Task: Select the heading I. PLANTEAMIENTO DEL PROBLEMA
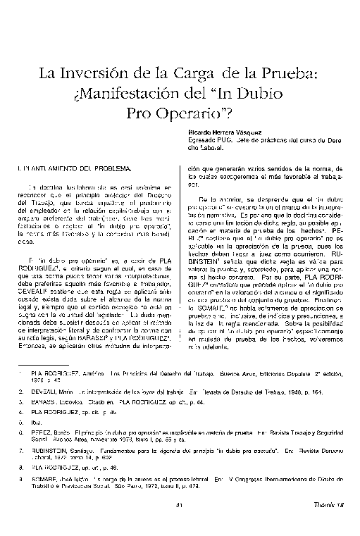click(73, 170)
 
